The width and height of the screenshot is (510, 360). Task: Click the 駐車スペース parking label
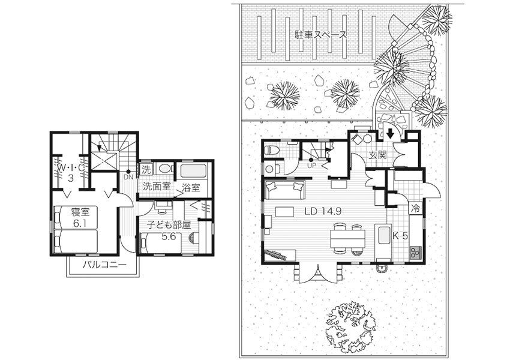click(x=320, y=34)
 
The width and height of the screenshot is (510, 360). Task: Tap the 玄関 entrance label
click(x=377, y=155)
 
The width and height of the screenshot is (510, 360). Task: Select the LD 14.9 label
click(x=323, y=211)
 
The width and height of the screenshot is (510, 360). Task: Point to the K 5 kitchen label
click(x=400, y=236)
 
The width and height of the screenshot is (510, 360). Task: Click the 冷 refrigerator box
click(x=415, y=208)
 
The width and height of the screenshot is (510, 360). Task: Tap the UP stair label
click(x=311, y=165)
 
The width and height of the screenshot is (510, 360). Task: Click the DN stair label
click(x=128, y=177)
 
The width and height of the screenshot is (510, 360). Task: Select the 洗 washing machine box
click(x=146, y=169)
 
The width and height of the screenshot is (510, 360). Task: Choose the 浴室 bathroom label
click(x=191, y=187)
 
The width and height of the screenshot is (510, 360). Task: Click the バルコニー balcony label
click(x=104, y=265)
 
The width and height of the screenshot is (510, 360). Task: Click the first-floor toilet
click(x=272, y=150)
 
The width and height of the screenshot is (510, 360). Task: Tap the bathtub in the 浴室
click(x=193, y=171)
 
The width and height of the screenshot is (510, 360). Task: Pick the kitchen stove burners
click(x=415, y=253)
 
